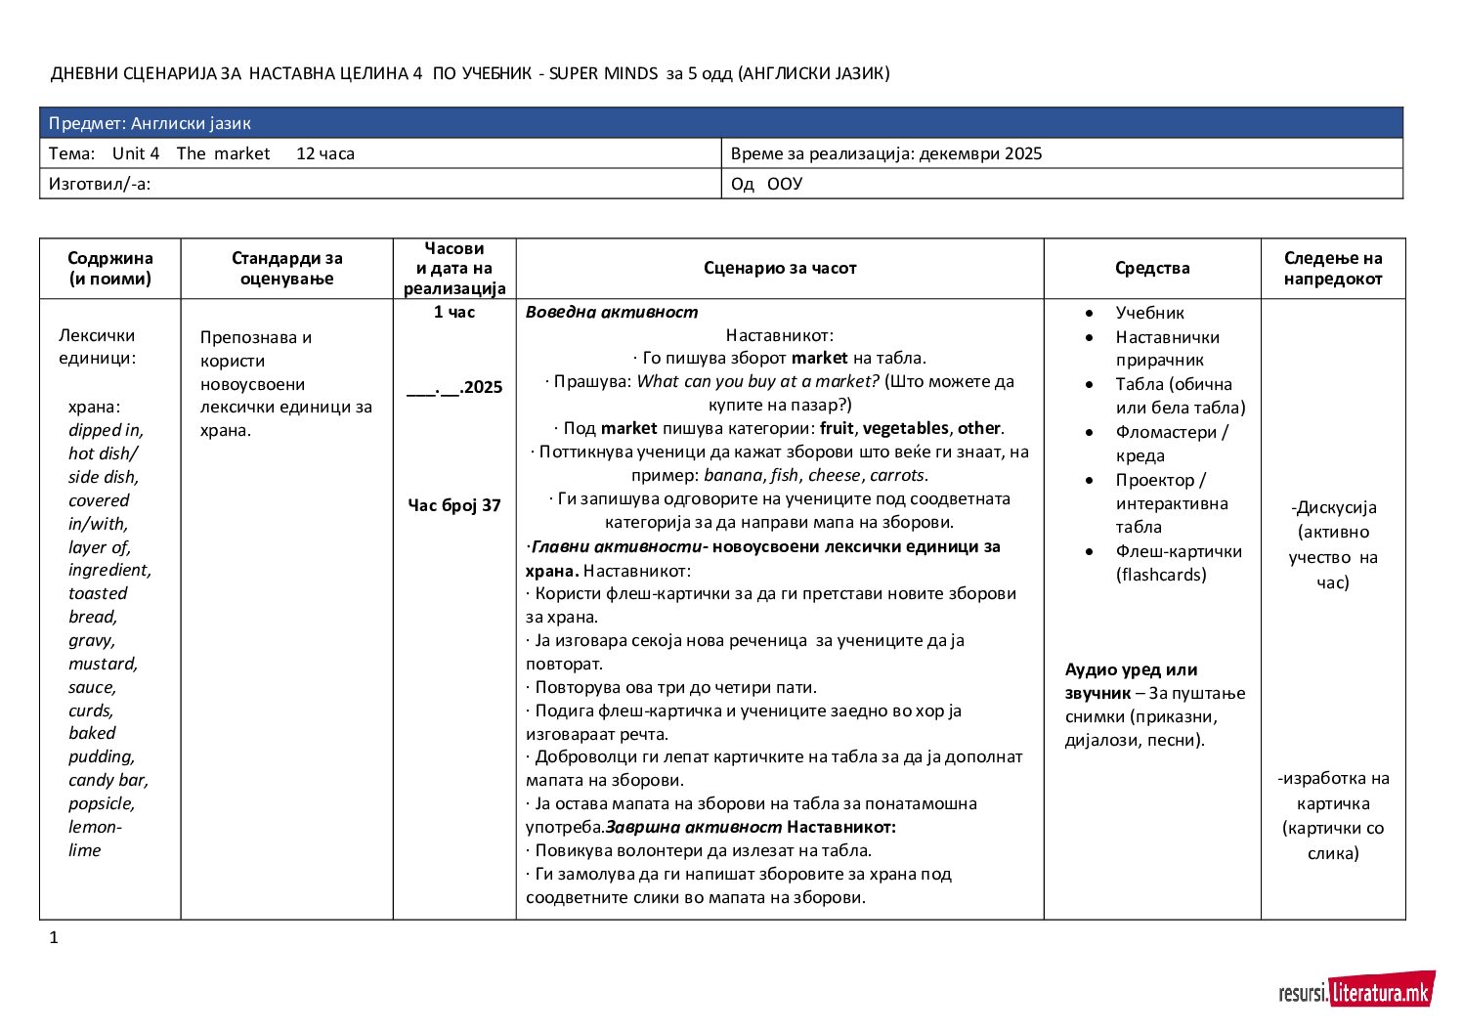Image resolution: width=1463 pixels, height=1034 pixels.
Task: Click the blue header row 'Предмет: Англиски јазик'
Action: point(721,123)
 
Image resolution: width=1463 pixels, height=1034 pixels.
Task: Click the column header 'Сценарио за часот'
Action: point(780,268)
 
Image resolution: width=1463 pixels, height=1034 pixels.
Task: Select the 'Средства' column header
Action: point(1152,268)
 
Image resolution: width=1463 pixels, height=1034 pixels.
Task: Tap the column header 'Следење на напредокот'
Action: point(1333,268)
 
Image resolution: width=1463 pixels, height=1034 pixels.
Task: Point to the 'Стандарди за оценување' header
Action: point(287,268)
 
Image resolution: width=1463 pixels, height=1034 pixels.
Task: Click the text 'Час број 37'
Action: point(454,505)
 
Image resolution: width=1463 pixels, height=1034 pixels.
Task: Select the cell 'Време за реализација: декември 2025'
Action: point(886,153)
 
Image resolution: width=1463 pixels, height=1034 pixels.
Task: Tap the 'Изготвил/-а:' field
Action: point(100,184)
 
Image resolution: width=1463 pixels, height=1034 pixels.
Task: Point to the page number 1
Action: point(54,938)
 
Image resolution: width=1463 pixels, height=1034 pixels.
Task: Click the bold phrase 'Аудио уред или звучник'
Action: point(1131,681)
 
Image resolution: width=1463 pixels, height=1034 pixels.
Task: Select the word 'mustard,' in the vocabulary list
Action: point(103,664)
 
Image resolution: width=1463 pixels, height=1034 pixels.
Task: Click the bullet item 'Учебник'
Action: point(1149,313)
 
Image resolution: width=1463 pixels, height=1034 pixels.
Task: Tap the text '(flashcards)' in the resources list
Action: point(1161,575)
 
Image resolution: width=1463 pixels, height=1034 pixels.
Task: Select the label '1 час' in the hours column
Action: point(454,312)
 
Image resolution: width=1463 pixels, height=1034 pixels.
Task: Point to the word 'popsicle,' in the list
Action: point(102,803)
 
